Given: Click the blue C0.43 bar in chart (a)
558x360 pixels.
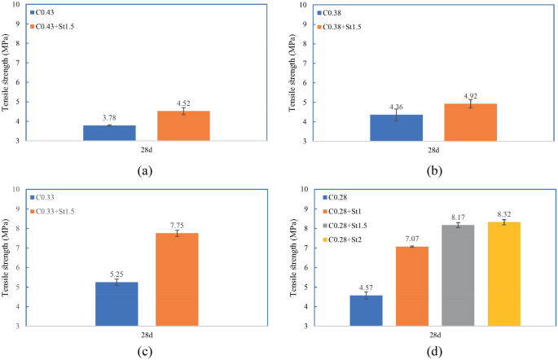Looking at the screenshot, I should click(109, 133).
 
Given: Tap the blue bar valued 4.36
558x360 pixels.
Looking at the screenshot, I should click(395, 127).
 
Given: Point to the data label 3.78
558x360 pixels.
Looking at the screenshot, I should click(109, 118).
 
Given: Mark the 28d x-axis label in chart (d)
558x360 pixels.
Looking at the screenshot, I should click(437, 335).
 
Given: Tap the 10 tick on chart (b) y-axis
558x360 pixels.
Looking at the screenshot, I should click(302, 5).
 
